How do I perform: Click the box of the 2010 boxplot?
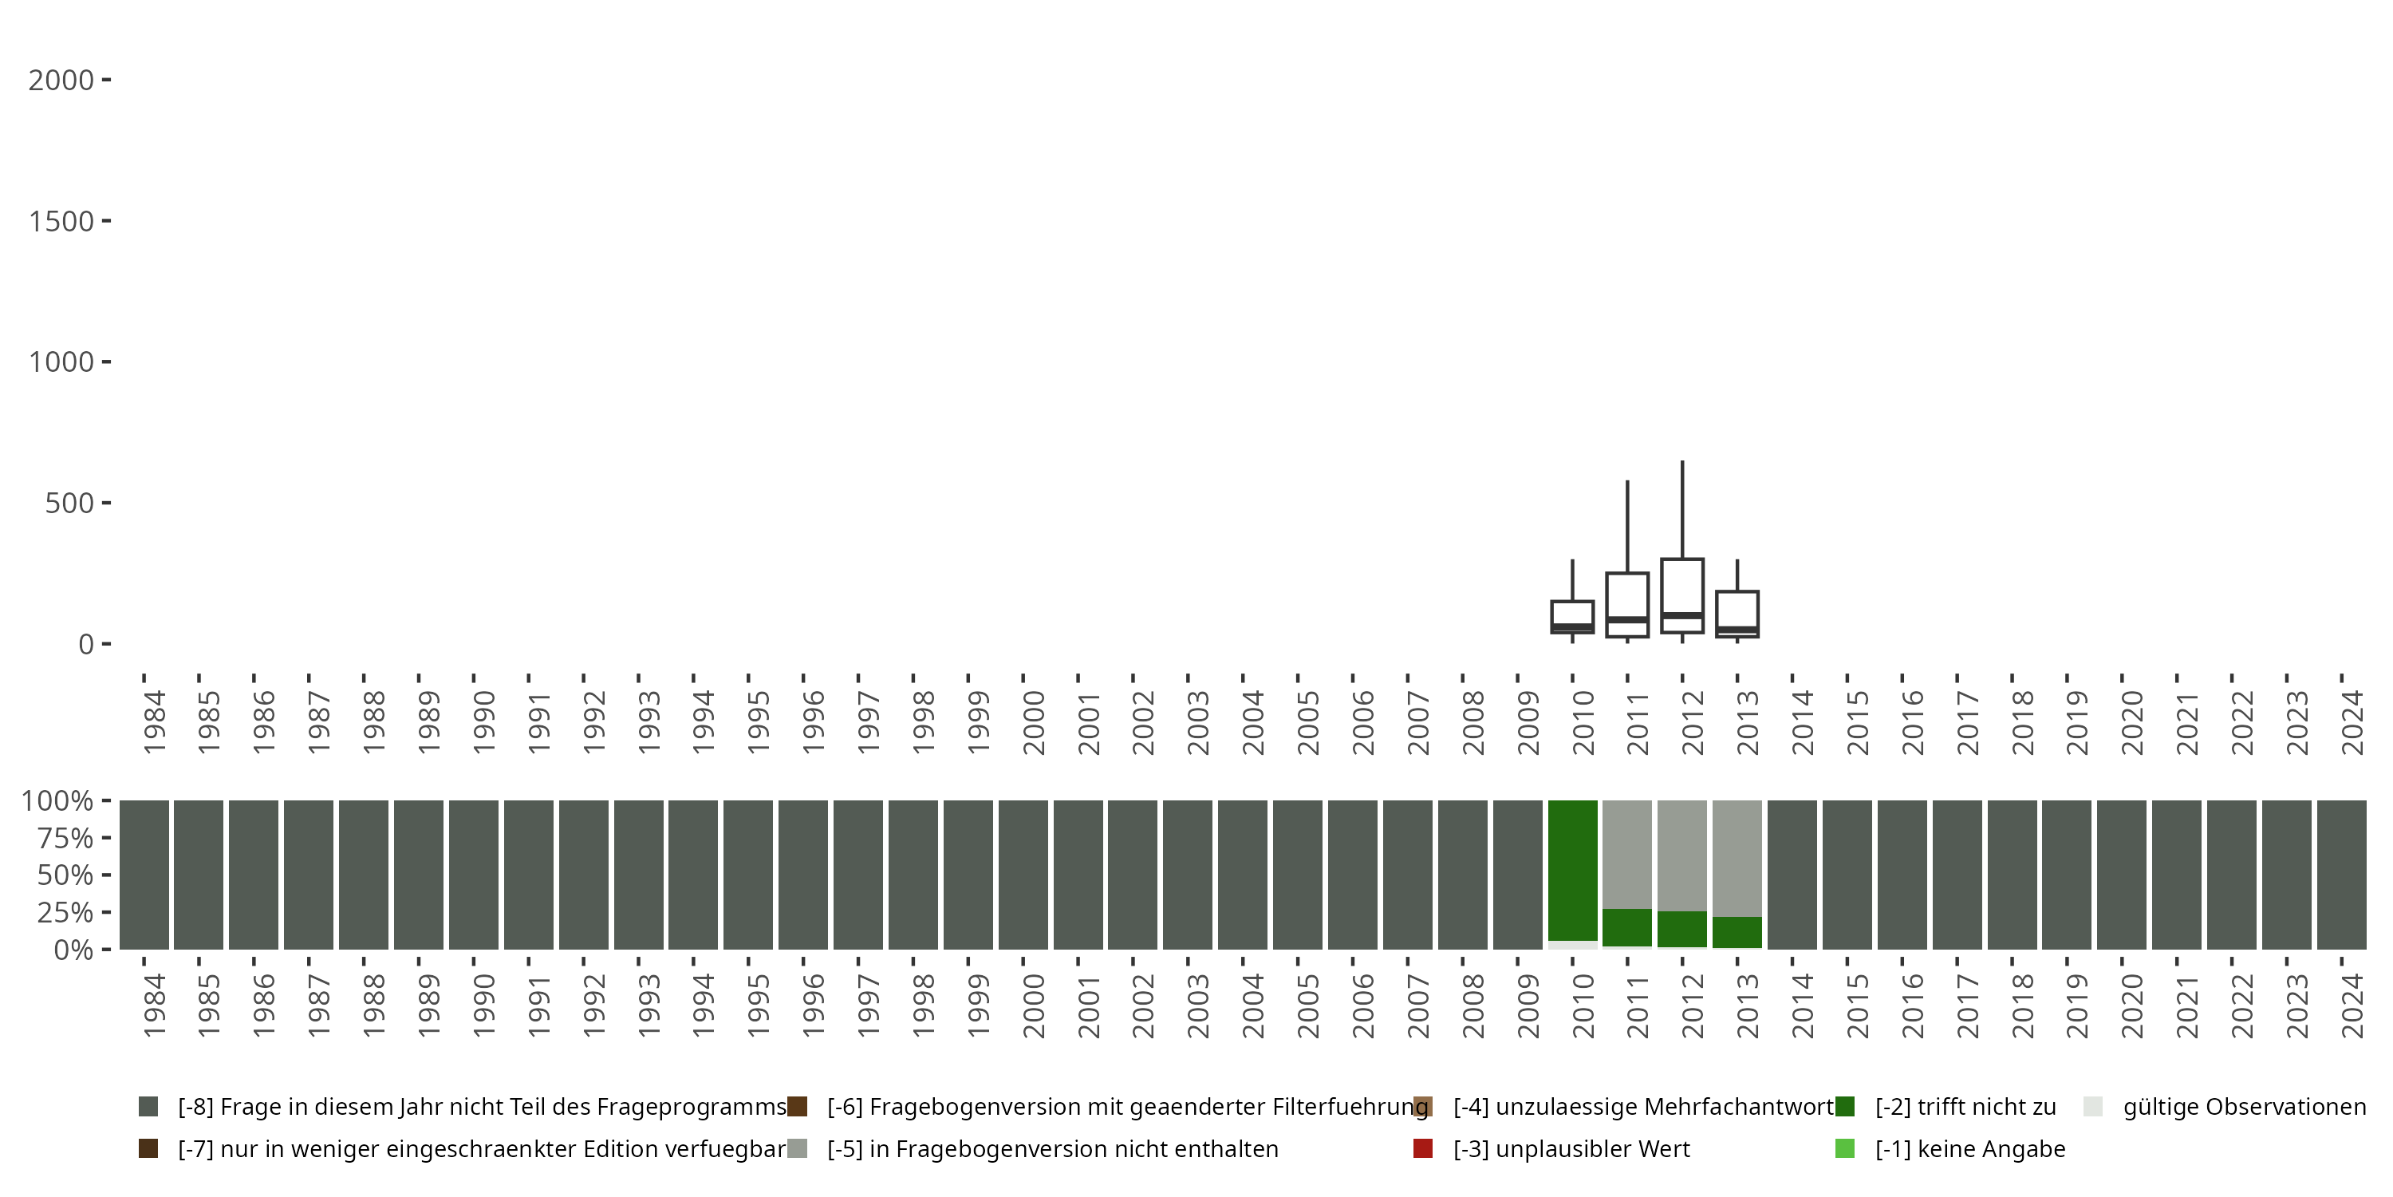click(x=1571, y=616)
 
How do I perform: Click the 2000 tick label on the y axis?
click(x=61, y=81)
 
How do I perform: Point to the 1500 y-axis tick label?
click(x=61, y=222)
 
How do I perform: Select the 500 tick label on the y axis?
click(x=69, y=504)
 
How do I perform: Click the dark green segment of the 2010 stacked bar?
click(x=1571, y=869)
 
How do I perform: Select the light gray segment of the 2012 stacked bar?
click(x=1682, y=855)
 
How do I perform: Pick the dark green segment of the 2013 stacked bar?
click(x=1737, y=932)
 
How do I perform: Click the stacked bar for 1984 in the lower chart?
click(x=144, y=875)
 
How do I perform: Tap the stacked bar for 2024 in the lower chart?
click(x=2342, y=875)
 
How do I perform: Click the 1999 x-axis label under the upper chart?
click(x=977, y=723)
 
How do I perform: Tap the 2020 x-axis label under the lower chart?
click(x=2131, y=1005)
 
